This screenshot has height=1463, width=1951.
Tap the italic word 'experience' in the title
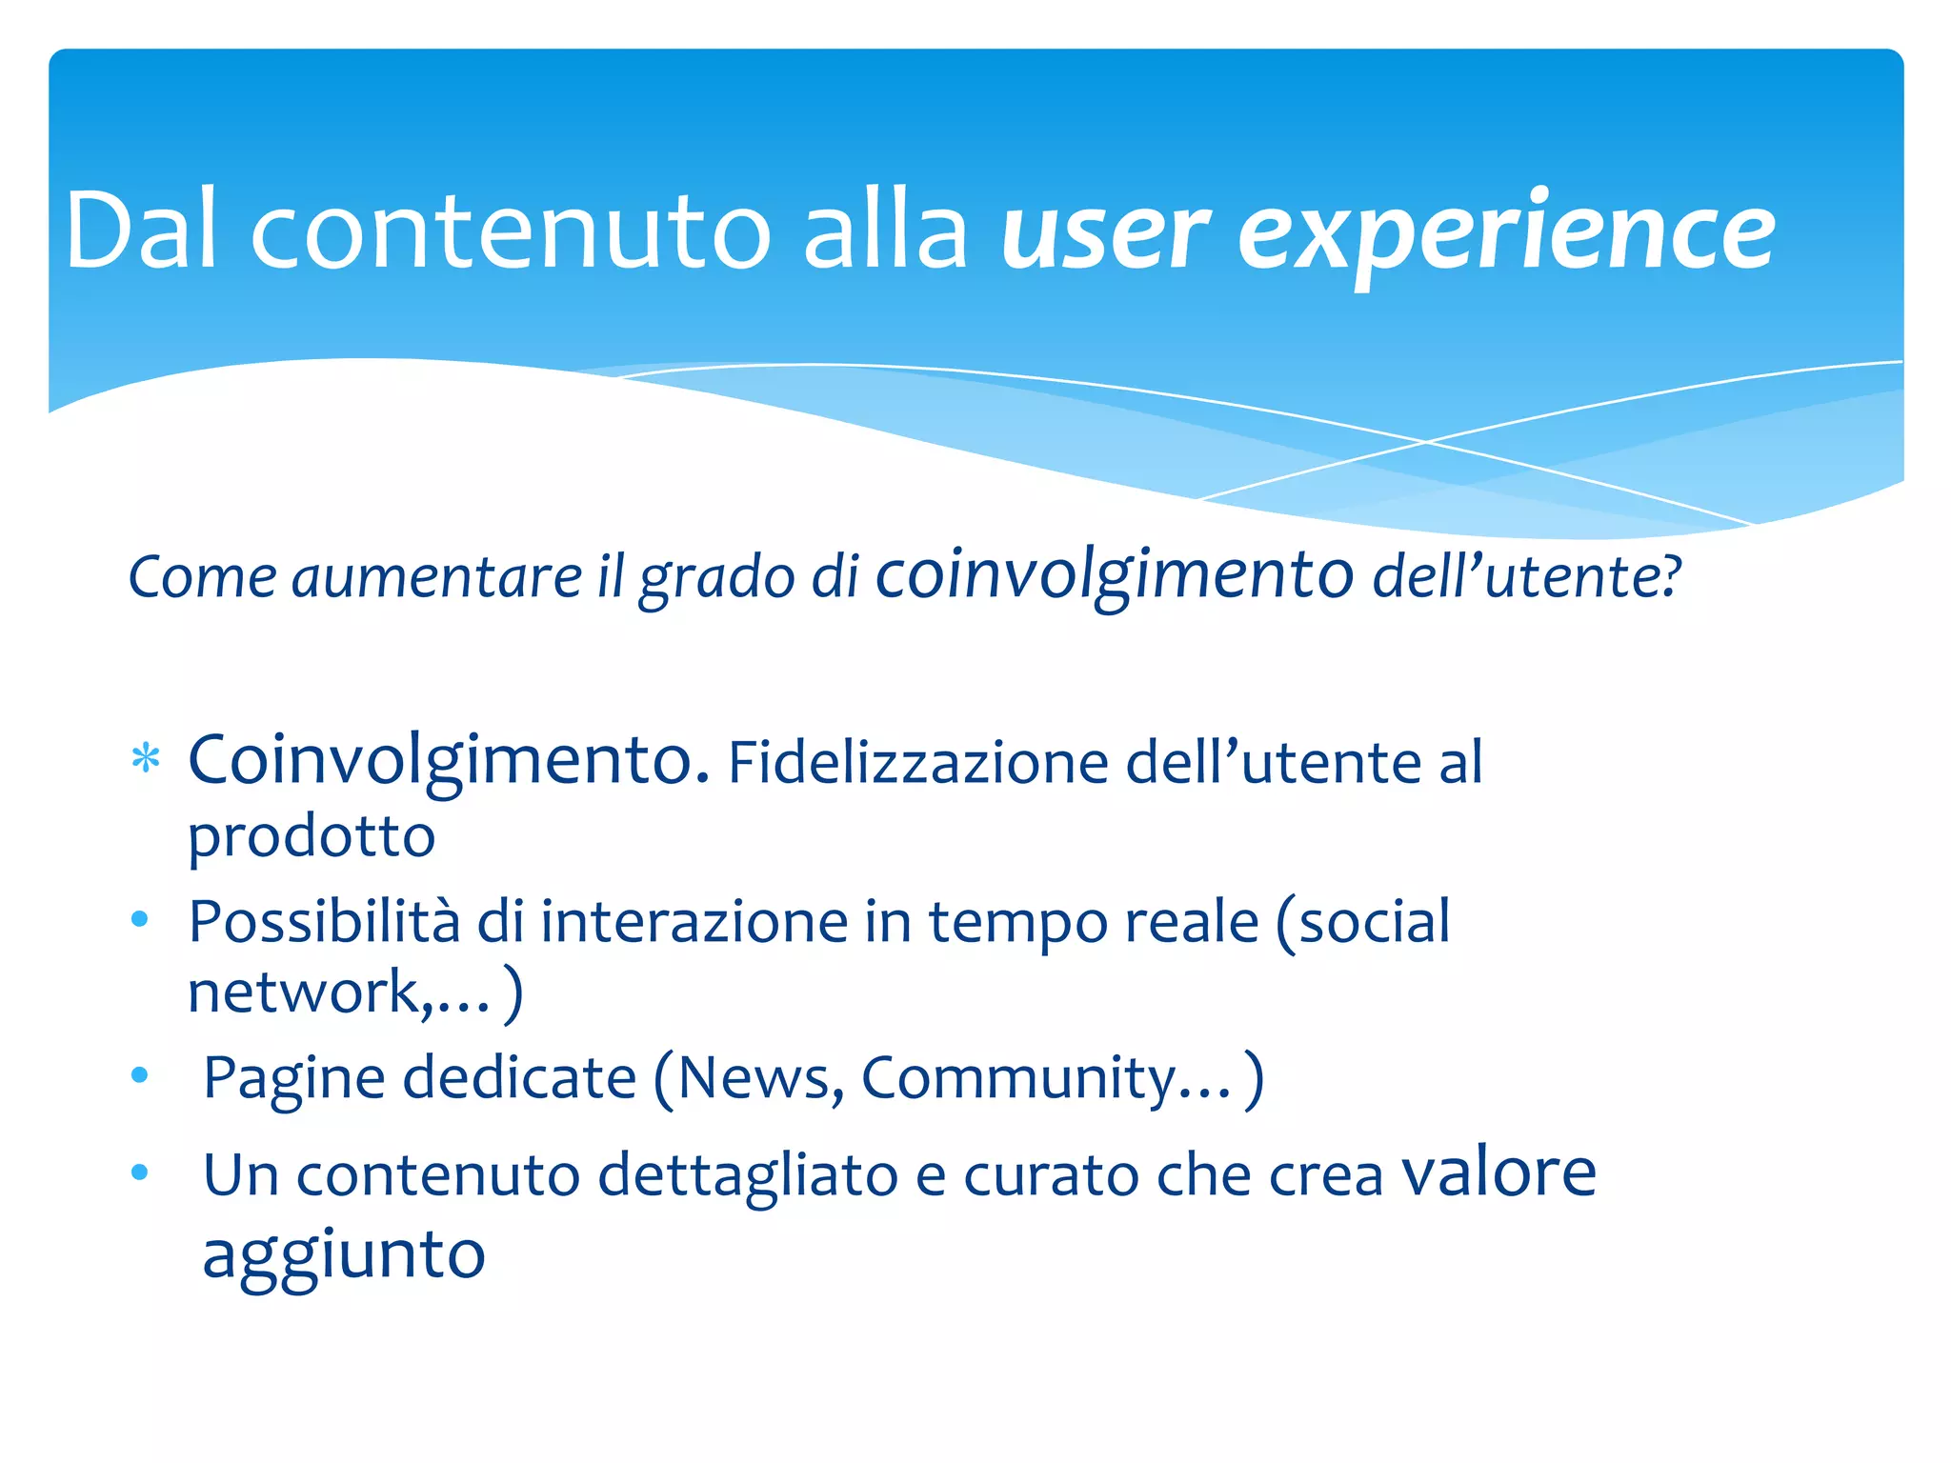click(1505, 233)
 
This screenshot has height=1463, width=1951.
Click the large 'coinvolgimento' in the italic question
click(1115, 576)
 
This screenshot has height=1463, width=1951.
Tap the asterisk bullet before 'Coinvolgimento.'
click(145, 761)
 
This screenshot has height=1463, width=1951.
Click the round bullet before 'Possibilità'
click(140, 919)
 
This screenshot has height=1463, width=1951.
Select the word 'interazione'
click(694, 922)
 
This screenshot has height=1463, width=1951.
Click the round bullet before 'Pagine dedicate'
click(140, 1075)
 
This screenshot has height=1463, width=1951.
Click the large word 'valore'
click(1498, 1172)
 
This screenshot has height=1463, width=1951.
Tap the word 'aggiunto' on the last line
click(344, 1255)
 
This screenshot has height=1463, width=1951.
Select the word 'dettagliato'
click(747, 1174)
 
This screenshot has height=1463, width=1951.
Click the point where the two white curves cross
click(1426, 442)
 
